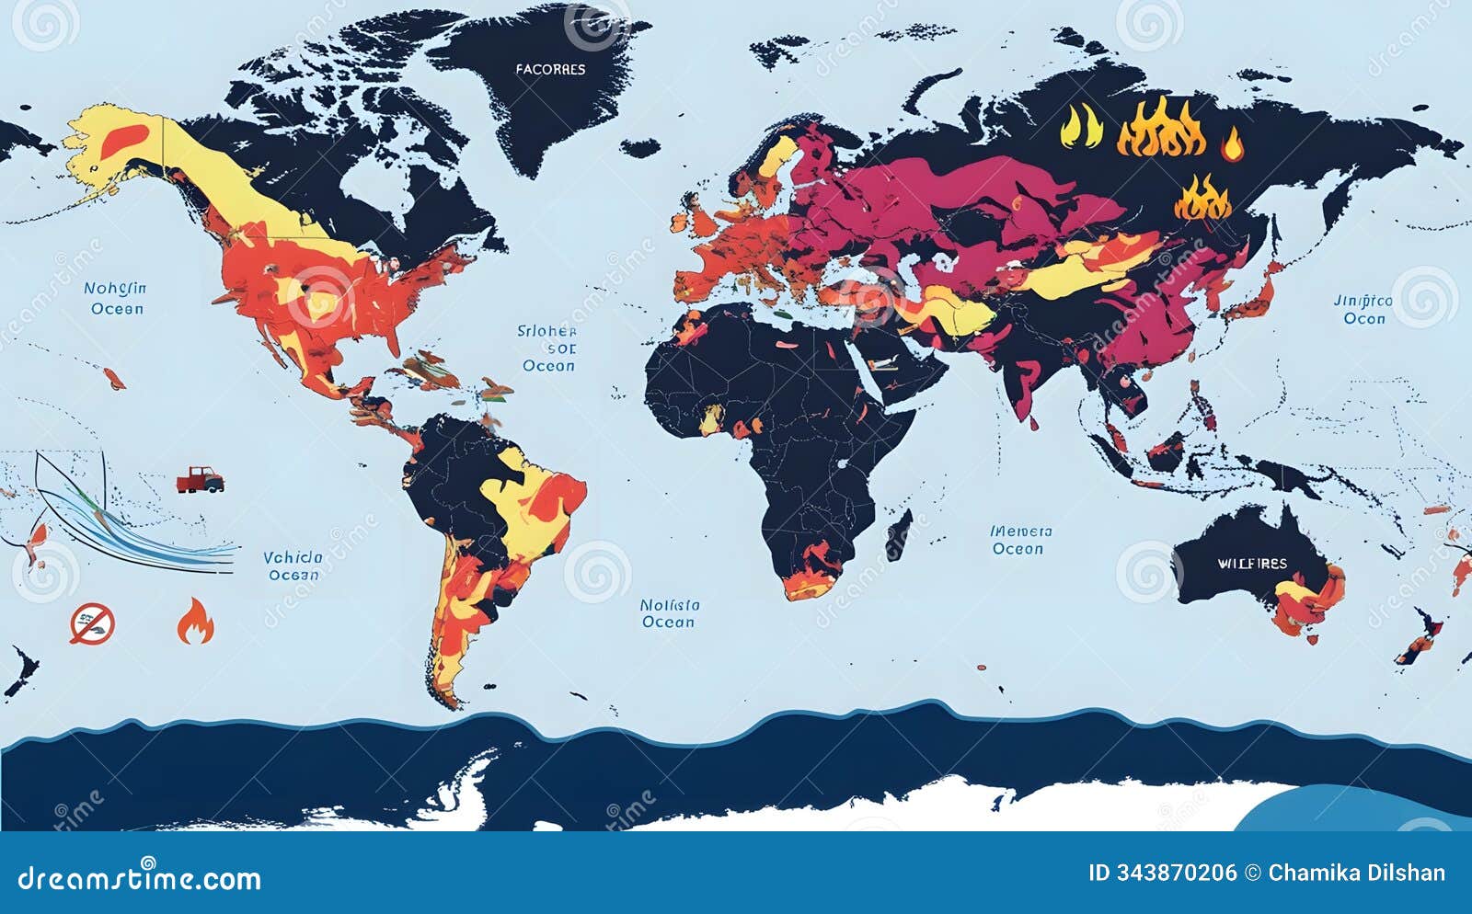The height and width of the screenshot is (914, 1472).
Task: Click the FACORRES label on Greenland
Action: (x=550, y=69)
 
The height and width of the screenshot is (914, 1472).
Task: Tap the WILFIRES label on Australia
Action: (x=1252, y=563)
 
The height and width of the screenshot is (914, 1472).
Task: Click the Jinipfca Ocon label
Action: (x=1363, y=309)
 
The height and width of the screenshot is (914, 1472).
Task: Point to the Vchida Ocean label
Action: (x=293, y=566)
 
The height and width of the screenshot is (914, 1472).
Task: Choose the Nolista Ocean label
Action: (x=669, y=613)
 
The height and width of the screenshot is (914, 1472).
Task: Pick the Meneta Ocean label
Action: (x=1019, y=540)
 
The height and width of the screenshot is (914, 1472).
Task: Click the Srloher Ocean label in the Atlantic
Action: (x=547, y=348)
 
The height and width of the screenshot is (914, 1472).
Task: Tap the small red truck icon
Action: (x=200, y=479)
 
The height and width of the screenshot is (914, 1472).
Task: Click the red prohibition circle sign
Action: (x=92, y=623)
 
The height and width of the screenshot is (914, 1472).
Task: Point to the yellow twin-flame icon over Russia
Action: (x=1081, y=127)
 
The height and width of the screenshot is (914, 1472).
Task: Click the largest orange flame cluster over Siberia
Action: (x=1161, y=129)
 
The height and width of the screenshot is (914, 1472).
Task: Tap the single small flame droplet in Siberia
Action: (x=1231, y=144)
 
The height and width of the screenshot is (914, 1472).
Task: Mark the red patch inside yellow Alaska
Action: (x=123, y=141)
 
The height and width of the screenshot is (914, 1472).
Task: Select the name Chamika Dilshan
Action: (x=1356, y=873)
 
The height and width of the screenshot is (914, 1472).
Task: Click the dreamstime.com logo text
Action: (x=140, y=878)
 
